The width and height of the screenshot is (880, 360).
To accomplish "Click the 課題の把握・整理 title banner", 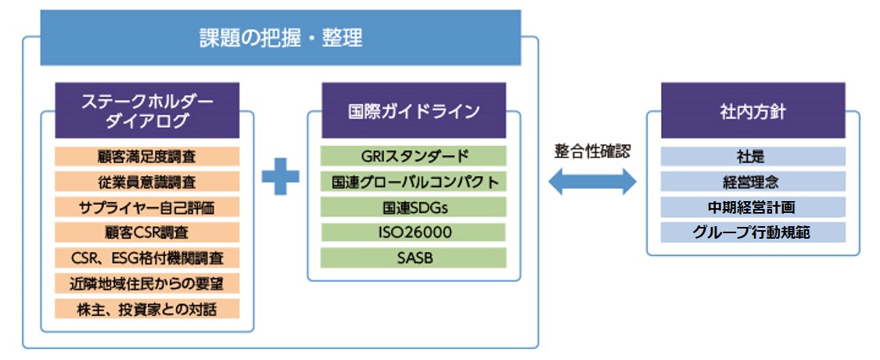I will [280, 37].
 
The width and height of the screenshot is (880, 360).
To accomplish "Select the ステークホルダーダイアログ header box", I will [147, 110].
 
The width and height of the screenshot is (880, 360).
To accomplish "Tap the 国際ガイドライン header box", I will [414, 110].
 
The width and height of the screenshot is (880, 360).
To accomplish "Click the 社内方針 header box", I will [752, 110].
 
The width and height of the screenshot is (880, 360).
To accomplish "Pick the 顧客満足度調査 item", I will [147, 157].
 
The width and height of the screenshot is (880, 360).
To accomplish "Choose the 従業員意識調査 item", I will [147, 182].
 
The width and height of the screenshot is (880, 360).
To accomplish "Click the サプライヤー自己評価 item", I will [147, 207].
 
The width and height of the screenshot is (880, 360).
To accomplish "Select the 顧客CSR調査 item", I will [147, 232].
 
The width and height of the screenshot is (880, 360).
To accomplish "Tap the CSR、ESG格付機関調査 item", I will [147, 257].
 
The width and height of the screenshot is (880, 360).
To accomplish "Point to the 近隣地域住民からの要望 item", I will [147, 283].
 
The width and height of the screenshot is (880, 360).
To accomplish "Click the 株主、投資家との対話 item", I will [147, 308].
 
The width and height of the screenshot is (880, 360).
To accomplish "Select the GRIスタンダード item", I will [414, 157].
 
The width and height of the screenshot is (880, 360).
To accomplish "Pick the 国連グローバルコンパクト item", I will [414, 182].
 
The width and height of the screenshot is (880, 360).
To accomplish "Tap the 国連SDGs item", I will [414, 207].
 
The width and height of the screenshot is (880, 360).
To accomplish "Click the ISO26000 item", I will [414, 232].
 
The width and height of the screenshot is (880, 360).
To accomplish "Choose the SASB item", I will [414, 257].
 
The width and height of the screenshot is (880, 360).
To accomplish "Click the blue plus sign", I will [280, 176].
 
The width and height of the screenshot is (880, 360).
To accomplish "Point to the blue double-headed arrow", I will [591, 182].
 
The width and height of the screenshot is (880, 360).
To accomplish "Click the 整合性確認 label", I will [591, 152].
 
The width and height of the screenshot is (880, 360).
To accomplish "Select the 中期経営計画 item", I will [752, 207].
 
